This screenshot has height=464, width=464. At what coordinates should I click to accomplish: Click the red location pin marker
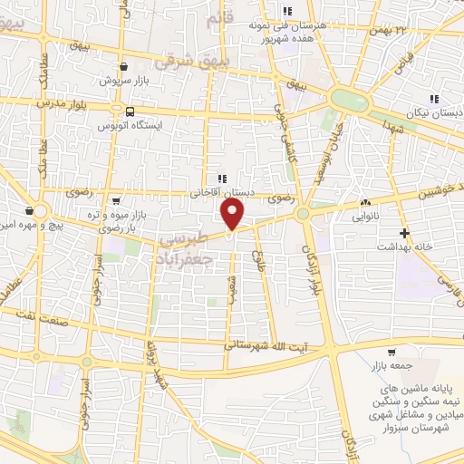tap(233, 215)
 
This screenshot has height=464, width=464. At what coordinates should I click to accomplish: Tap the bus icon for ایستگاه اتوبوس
tap(131, 111)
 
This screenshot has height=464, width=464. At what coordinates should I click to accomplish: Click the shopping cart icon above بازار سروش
tap(123, 65)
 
